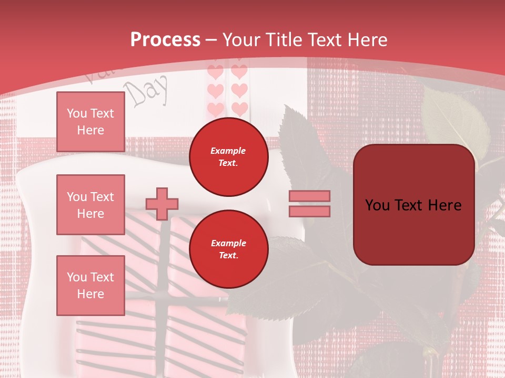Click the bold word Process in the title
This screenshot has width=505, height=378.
(x=165, y=39)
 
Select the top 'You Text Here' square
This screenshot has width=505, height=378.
(x=90, y=122)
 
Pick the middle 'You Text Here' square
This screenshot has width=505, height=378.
(x=90, y=205)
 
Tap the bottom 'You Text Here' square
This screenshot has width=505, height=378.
(x=90, y=286)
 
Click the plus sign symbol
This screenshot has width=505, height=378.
(x=162, y=204)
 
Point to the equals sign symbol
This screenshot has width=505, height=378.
(x=309, y=204)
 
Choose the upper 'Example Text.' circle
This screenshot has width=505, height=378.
(x=228, y=157)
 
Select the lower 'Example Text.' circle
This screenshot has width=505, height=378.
(x=228, y=249)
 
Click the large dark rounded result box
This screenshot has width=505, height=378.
(x=413, y=205)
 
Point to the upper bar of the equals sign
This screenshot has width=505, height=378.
(x=309, y=196)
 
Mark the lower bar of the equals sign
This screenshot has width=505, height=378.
(x=309, y=212)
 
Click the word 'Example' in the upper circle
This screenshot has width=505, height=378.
(x=228, y=151)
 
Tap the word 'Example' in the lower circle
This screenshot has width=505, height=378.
(x=228, y=243)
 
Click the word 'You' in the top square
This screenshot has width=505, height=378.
(x=77, y=113)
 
